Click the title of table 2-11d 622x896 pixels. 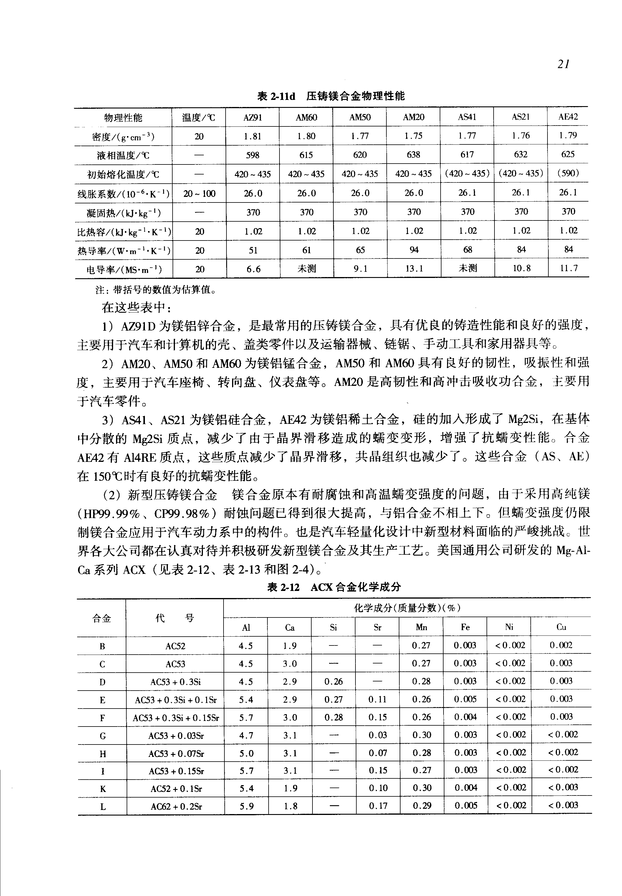331,96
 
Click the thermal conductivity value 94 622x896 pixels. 414,250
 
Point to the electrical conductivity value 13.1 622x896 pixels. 414,269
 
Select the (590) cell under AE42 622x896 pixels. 568,174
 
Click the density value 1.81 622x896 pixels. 253,136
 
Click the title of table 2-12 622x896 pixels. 334,587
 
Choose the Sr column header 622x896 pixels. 377,627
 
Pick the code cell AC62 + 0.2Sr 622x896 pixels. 176,807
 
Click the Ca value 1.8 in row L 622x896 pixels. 290,806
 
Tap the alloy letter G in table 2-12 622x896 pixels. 102,736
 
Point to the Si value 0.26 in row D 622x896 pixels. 334,682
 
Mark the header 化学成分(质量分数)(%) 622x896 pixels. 407,608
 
